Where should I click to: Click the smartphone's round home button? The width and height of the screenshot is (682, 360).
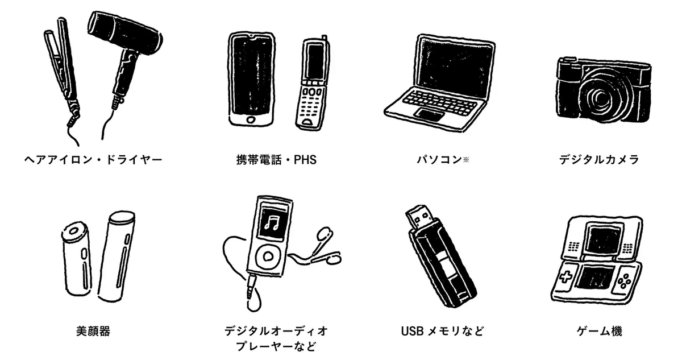pyautogui.click(x=248, y=120)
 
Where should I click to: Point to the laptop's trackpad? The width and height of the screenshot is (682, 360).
pyautogui.click(x=430, y=114)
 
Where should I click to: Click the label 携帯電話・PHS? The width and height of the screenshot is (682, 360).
pyautogui.click(x=276, y=160)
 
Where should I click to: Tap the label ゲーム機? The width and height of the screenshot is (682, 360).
pyautogui.click(x=602, y=331)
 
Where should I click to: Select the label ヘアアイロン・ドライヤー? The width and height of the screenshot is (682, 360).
pyautogui.click(x=94, y=160)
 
